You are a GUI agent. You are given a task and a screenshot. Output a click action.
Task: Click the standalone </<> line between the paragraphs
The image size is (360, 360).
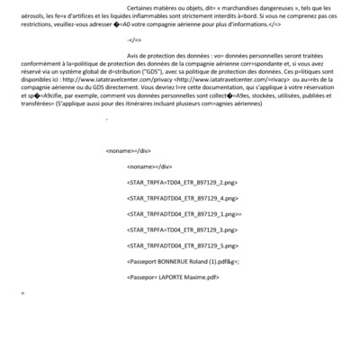135,66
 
